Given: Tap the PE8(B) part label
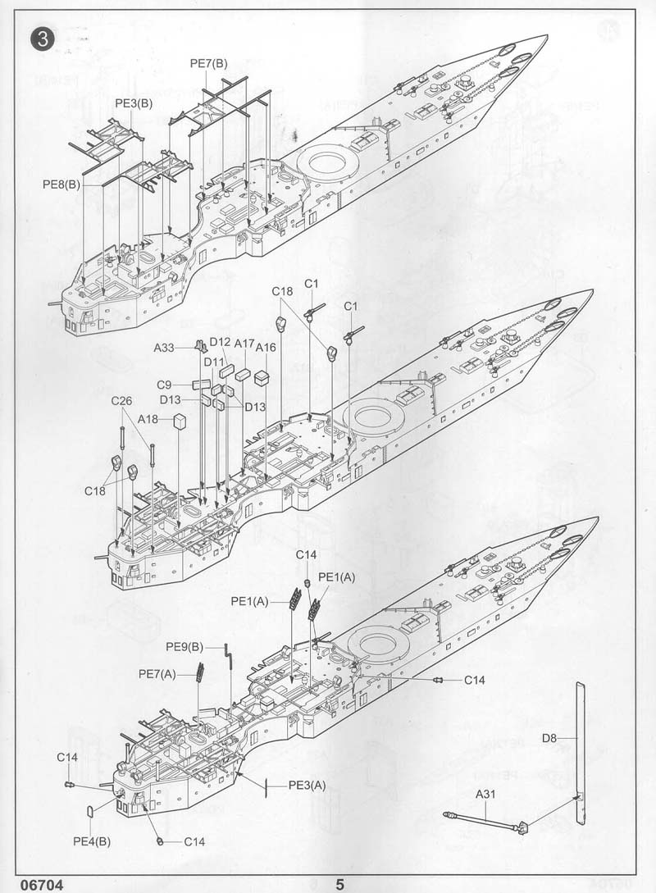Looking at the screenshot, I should (61, 185).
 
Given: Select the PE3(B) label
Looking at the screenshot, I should (134, 103).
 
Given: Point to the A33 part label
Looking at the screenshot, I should (165, 348).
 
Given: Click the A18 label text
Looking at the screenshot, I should (148, 419).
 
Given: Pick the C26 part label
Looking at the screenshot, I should (122, 401).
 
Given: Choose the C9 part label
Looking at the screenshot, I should (165, 384).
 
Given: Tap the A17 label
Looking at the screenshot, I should (244, 343).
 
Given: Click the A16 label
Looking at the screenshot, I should (266, 348).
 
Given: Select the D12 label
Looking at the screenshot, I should (219, 342).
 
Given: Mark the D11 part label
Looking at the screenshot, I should (214, 362).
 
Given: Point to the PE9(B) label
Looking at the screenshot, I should (184, 647).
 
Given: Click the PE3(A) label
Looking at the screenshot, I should (307, 785).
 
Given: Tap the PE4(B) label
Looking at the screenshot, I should (92, 841).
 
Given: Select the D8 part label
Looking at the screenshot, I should (549, 738).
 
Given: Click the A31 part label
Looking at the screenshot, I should (485, 794).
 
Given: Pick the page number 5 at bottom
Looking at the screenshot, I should (339, 884).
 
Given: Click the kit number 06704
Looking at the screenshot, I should (29, 884).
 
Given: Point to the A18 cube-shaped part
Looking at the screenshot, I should (180, 421).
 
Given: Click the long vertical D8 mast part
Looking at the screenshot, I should (581, 738).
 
